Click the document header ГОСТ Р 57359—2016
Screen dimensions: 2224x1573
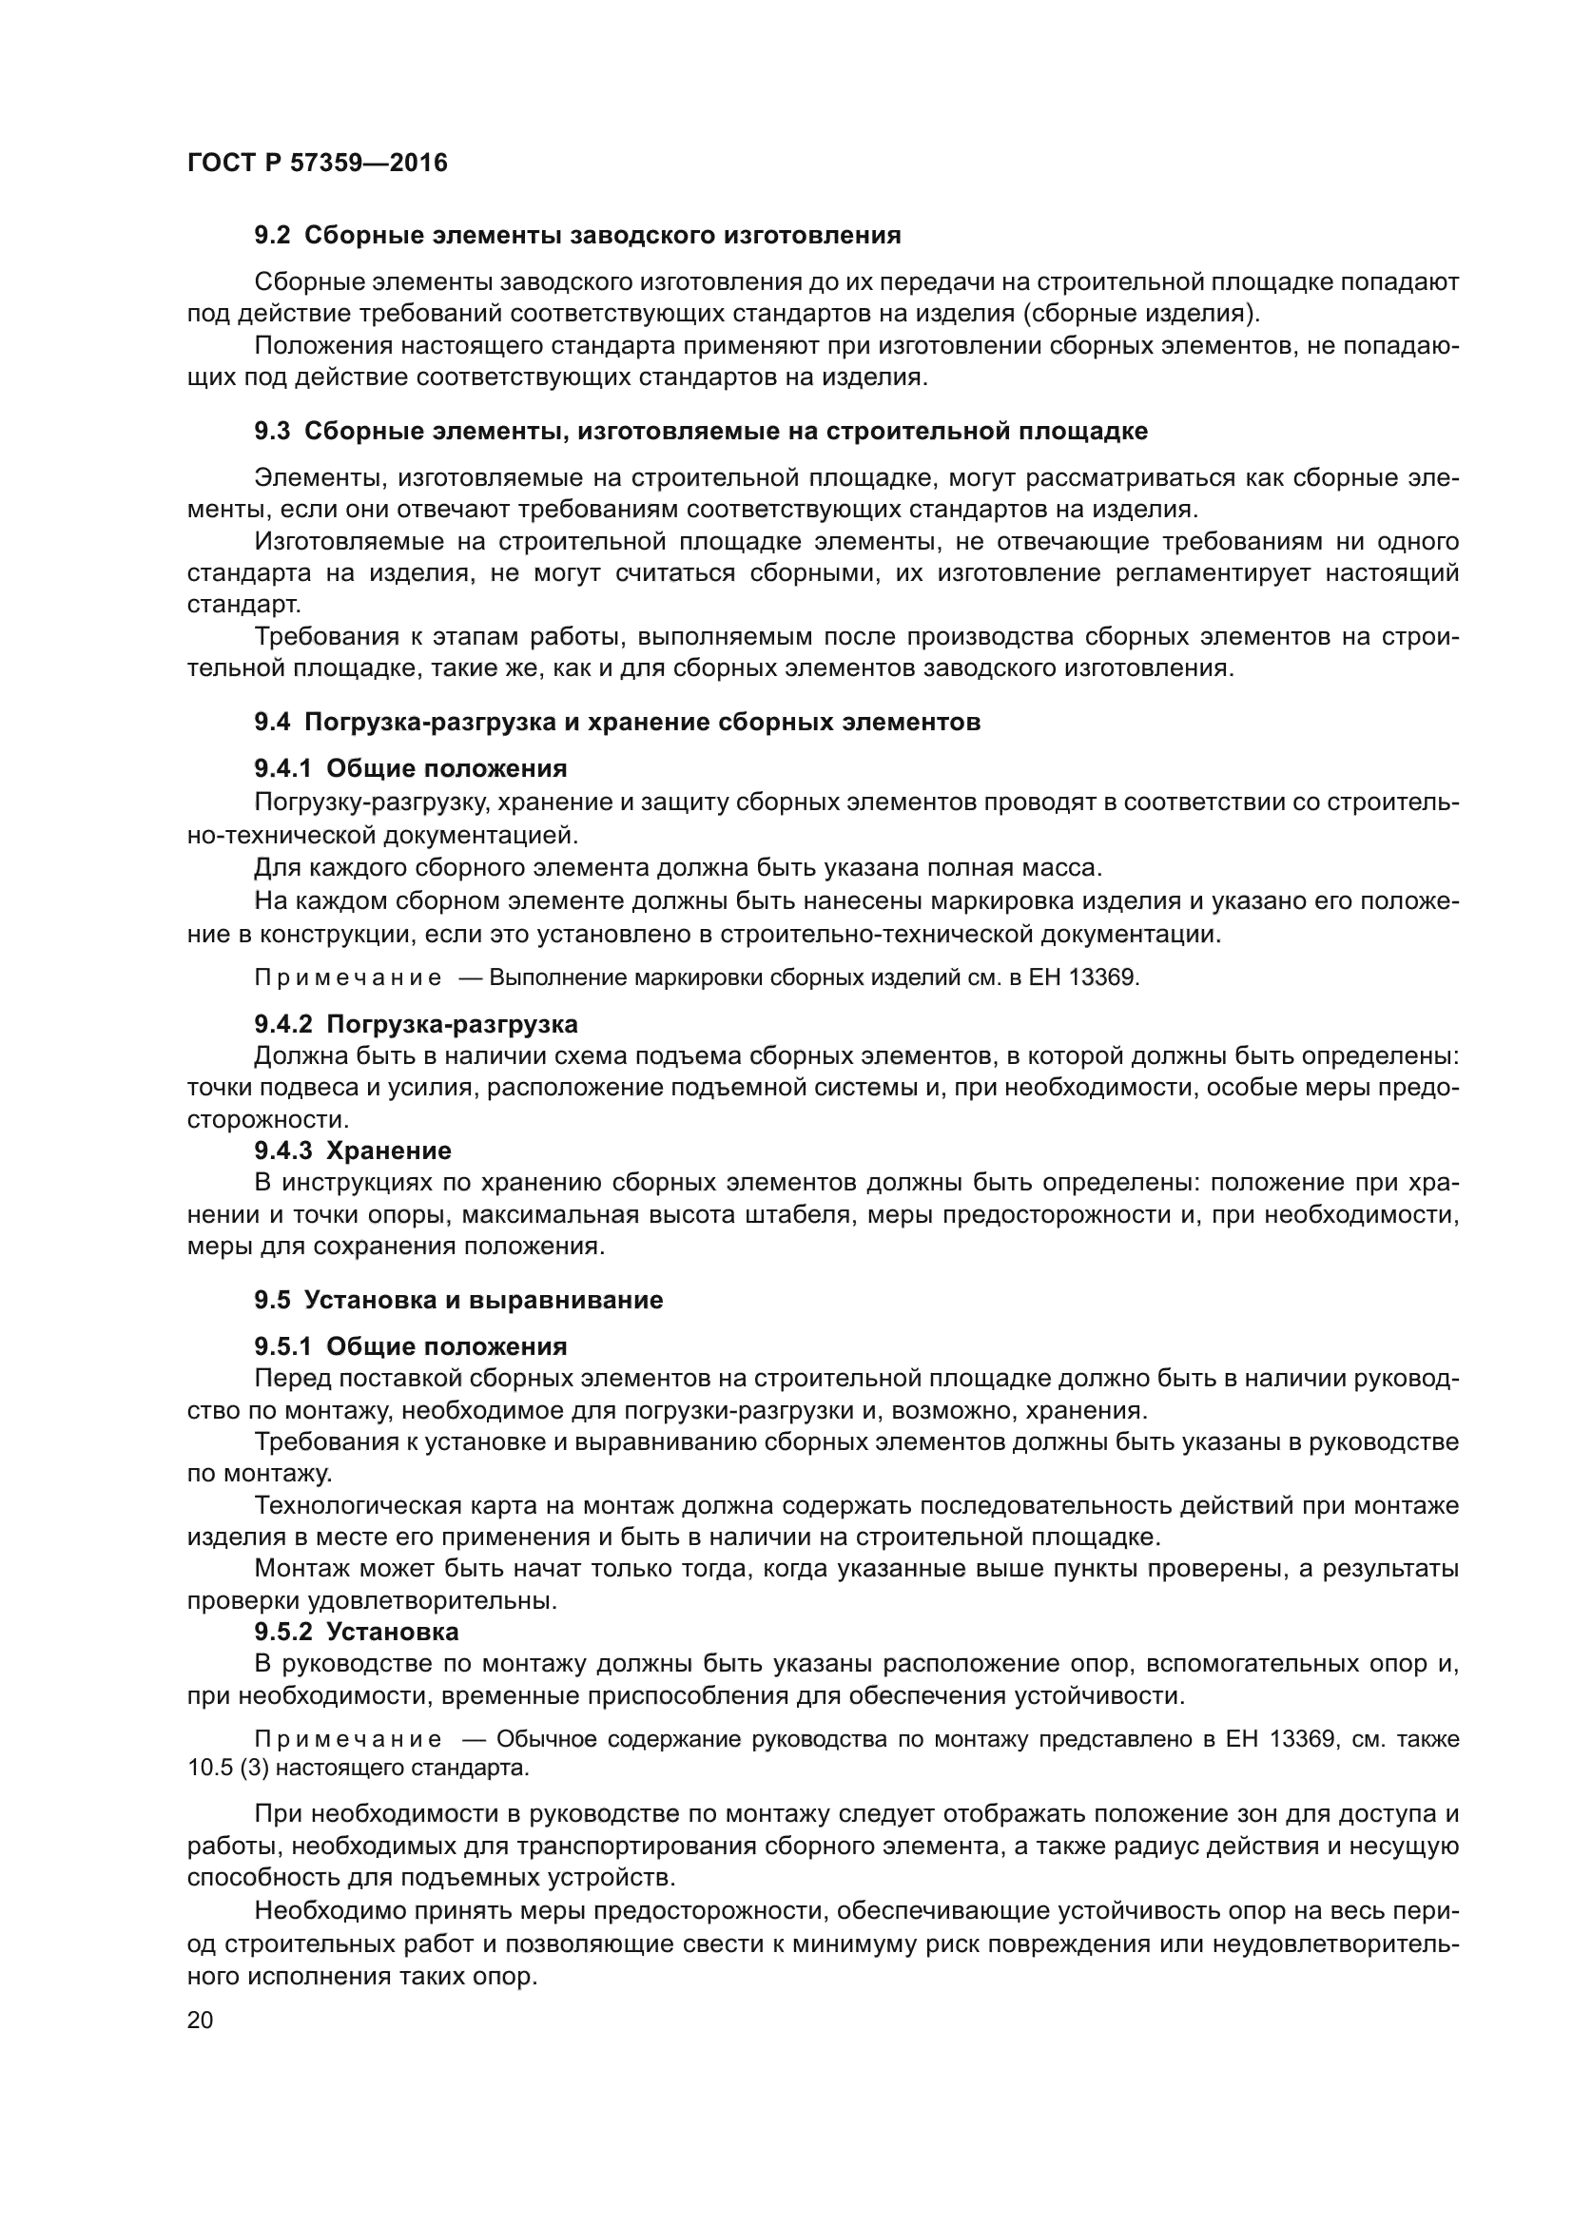pyautogui.click(x=317, y=163)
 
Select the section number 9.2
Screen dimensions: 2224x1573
pyautogui.click(x=272, y=236)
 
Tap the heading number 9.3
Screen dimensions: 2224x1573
pyautogui.click(x=272, y=431)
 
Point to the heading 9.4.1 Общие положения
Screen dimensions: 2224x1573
pyautogui.click(x=411, y=768)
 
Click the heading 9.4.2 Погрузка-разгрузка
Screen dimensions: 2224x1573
pyautogui.click(x=416, y=1024)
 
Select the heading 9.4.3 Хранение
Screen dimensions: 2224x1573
pyautogui.click(x=353, y=1151)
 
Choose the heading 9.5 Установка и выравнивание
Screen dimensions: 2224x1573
pyautogui.click(x=458, y=1300)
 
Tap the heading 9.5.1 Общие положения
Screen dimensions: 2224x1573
pyautogui.click(x=411, y=1346)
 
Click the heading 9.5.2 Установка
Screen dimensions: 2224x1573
pyautogui.click(x=357, y=1633)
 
